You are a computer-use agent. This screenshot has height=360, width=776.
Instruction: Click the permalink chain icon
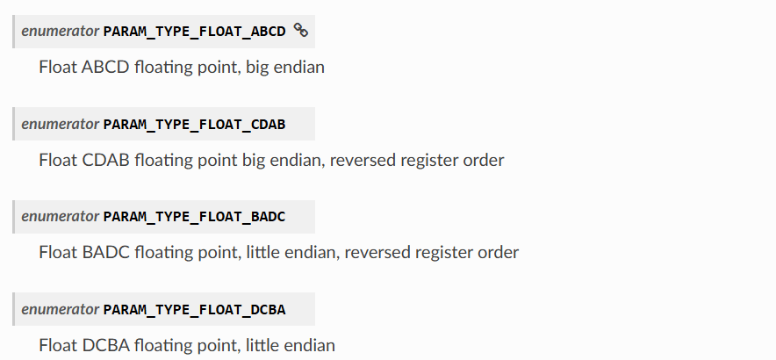click(x=301, y=30)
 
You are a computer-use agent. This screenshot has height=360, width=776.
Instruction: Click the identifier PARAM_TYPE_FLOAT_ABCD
click(x=195, y=32)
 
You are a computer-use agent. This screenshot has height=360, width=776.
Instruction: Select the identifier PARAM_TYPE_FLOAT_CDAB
click(x=195, y=125)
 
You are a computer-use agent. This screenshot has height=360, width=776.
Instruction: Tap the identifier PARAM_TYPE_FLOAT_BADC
click(x=195, y=217)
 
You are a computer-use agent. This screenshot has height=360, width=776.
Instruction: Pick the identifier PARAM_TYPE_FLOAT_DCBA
click(x=195, y=309)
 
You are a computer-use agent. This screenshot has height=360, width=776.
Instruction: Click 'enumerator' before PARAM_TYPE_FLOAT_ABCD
click(x=61, y=32)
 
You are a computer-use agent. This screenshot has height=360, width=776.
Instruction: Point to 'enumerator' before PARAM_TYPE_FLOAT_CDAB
click(x=61, y=124)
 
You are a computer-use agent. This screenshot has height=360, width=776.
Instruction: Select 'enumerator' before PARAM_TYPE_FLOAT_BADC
click(x=61, y=216)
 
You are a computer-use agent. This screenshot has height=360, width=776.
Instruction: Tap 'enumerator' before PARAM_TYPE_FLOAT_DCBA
click(x=61, y=309)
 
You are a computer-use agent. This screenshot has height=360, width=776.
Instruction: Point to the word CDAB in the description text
click(x=105, y=160)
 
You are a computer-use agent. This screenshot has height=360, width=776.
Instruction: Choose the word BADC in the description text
click(x=106, y=252)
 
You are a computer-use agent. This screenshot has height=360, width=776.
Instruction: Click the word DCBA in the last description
click(x=106, y=345)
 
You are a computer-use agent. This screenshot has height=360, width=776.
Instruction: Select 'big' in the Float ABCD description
click(x=257, y=68)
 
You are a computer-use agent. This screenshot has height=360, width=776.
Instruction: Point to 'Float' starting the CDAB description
click(x=58, y=160)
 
